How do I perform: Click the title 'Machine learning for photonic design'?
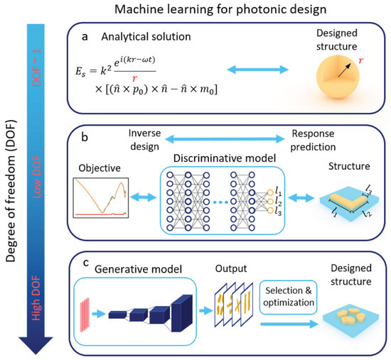(228, 11)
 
